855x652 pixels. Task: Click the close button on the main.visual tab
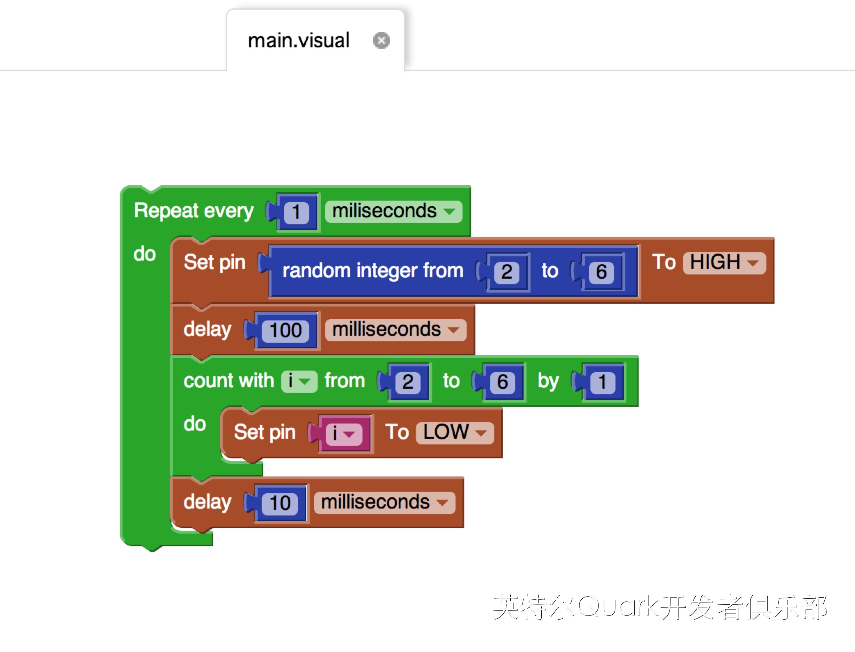coord(381,40)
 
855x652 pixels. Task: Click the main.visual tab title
coord(298,40)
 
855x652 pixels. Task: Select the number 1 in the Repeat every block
coord(296,212)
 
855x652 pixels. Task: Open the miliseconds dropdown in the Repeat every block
coord(393,211)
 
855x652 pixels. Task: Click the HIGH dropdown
coord(724,263)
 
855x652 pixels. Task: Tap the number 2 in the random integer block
coord(506,272)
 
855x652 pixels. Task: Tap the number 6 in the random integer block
coord(601,272)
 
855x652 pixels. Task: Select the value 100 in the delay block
coord(285,330)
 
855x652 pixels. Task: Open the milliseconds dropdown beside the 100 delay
coord(395,330)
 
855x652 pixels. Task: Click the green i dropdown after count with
coord(299,381)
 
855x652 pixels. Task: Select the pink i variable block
coord(344,433)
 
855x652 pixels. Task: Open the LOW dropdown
coord(455,432)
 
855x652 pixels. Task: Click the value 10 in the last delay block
coord(280,503)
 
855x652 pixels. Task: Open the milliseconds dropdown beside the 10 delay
coord(384,503)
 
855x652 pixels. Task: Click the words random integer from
coord(373,271)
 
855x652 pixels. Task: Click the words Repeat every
coord(194,211)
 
